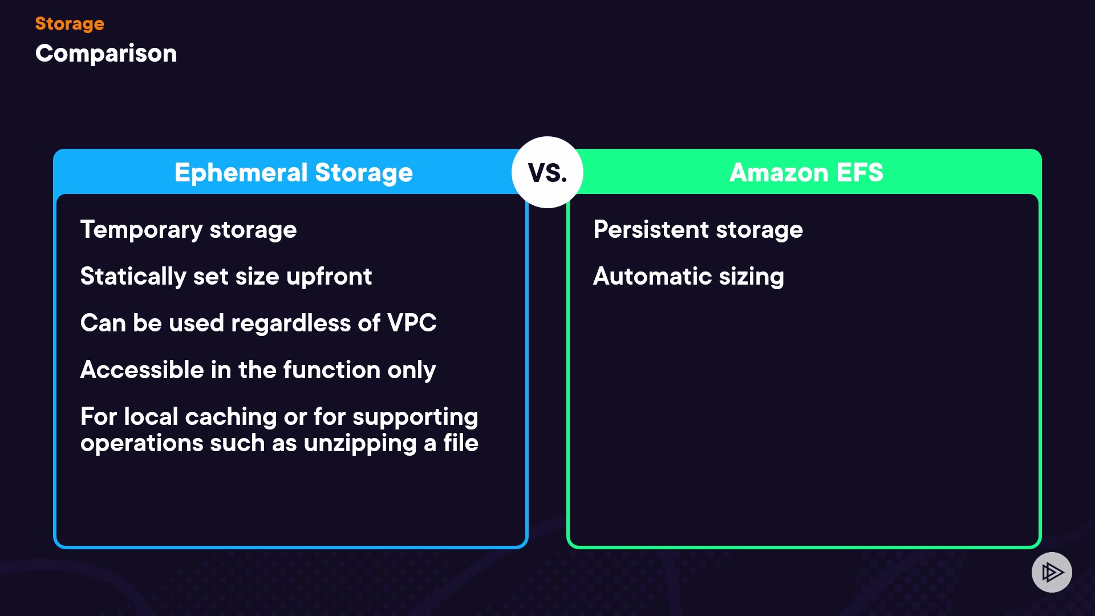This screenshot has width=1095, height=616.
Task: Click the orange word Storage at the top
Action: click(70, 23)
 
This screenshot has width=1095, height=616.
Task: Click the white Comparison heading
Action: click(106, 54)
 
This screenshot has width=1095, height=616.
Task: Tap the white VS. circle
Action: click(547, 172)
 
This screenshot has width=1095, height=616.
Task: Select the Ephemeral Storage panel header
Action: click(293, 172)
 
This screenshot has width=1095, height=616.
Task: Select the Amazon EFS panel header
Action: click(806, 172)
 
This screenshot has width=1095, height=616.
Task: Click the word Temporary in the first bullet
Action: click(141, 230)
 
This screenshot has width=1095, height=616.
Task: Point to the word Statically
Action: click(133, 277)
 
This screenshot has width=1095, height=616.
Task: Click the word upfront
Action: click(329, 277)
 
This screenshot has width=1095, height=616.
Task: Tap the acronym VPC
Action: click(412, 323)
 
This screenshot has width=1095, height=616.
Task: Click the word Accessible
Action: click(142, 370)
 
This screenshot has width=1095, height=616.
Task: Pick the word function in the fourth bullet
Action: click(332, 370)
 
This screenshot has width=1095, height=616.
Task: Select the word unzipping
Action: click(360, 444)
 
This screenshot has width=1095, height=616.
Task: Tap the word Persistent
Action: click(651, 230)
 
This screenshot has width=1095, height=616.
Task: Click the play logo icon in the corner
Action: click(1052, 572)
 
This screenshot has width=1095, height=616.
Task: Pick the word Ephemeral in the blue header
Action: click(241, 173)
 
